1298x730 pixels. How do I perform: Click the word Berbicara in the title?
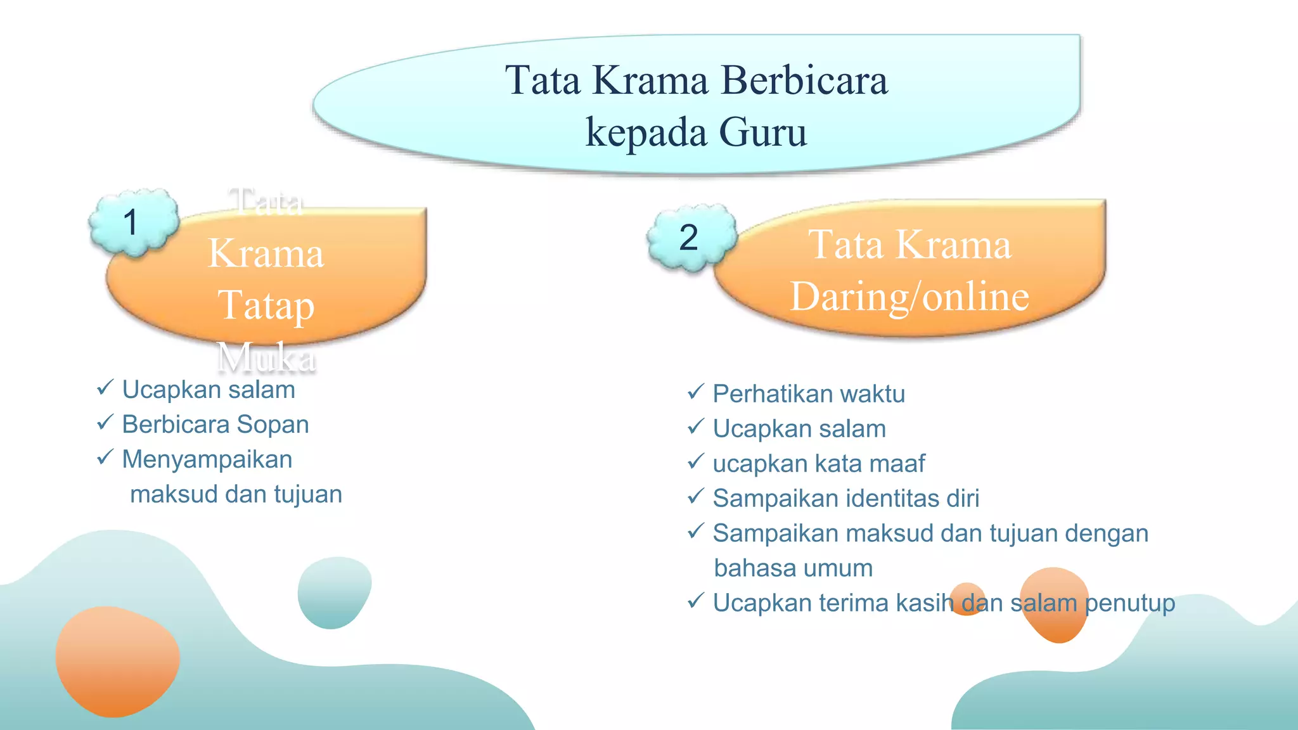[x=804, y=80]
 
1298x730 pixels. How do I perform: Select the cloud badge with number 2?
[x=691, y=238]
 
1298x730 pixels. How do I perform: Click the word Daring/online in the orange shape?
[x=909, y=297]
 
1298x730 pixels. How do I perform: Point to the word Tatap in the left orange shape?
[x=266, y=305]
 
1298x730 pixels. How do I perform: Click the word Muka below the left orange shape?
[x=266, y=357]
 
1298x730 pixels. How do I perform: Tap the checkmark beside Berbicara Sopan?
[x=105, y=423]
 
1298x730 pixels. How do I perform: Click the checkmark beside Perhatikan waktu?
[x=696, y=392]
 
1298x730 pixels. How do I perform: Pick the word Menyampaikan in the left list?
[x=207, y=459]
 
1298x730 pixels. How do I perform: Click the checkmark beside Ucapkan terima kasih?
[x=696, y=601]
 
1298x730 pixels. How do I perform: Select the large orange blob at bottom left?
[x=117, y=661]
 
